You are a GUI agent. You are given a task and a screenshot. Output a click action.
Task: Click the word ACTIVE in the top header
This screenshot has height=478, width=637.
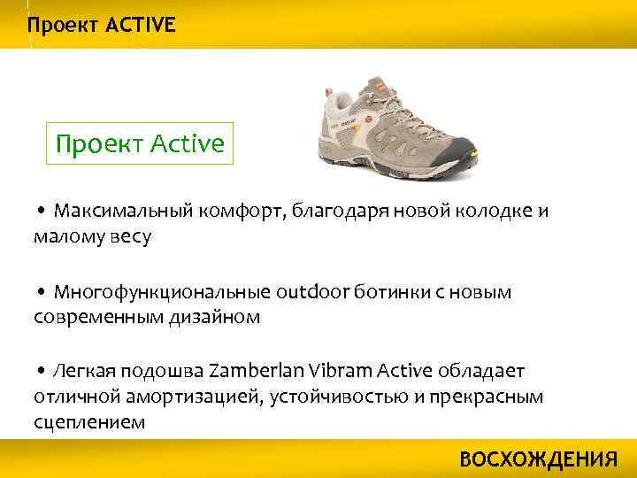pyautogui.click(x=141, y=25)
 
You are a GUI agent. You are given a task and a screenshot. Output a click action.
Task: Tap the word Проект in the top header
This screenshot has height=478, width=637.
pyautogui.click(x=63, y=25)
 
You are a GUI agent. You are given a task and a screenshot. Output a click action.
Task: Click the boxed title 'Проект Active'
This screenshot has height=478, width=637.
pyautogui.click(x=140, y=143)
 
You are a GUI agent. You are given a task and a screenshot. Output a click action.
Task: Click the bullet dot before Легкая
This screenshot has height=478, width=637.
pyautogui.click(x=42, y=373)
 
